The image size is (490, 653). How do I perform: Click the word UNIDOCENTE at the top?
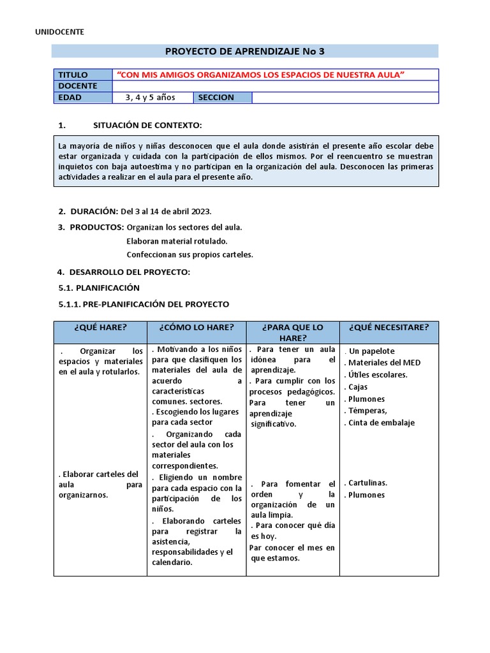click(x=59, y=31)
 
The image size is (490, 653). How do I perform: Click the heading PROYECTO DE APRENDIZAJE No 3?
click(x=244, y=51)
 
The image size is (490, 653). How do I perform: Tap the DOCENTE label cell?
click(x=78, y=86)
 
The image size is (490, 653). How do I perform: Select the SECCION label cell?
click(x=216, y=98)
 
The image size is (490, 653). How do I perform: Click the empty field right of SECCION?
click(x=345, y=98)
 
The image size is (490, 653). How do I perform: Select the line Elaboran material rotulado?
click(x=177, y=241)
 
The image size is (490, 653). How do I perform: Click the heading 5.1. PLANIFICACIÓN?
click(x=99, y=288)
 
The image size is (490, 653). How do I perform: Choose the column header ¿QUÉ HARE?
click(x=100, y=327)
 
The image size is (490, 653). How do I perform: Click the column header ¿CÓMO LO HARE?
click(x=197, y=327)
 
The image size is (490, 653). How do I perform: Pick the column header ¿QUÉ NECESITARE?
click(x=389, y=327)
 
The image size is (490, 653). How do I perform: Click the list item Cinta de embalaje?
click(x=382, y=422)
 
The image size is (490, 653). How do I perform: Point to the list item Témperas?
click(x=367, y=411)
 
